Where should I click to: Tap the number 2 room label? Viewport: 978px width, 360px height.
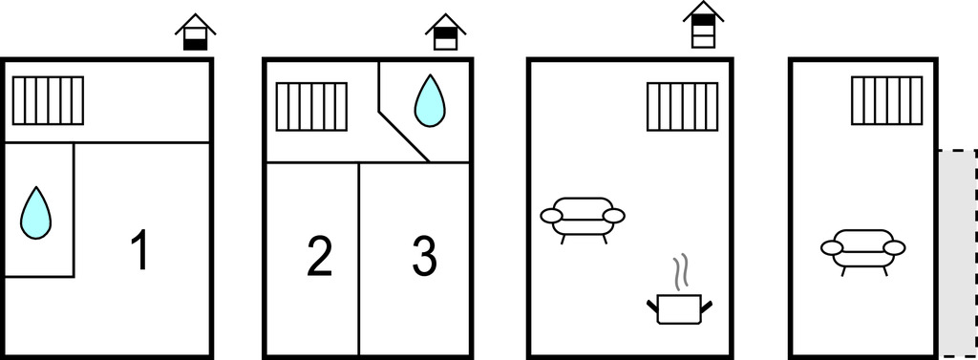click(x=319, y=256)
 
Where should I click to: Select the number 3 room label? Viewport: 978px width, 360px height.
click(x=425, y=256)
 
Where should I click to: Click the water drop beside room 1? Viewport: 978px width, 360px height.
click(x=35, y=213)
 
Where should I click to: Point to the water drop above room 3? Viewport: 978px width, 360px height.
click(x=430, y=101)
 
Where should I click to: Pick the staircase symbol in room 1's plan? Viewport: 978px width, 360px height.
click(x=48, y=100)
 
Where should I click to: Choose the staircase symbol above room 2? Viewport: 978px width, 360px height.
click(x=311, y=107)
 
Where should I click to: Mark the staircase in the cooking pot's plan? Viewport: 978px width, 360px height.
click(x=682, y=107)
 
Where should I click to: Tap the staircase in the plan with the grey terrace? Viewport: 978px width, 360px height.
click(x=887, y=100)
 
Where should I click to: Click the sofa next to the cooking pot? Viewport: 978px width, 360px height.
click(x=583, y=220)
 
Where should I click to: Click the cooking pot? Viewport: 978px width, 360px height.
click(x=679, y=308)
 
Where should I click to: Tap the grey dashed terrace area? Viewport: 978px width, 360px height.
click(x=958, y=253)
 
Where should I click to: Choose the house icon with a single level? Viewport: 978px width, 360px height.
click(x=195, y=32)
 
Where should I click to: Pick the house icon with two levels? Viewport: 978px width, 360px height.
click(x=446, y=32)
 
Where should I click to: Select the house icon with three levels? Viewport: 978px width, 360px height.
click(x=703, y=24)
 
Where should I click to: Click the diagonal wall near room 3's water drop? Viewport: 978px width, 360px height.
click(x=404, y=137)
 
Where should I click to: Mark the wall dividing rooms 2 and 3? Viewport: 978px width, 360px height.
click(x=359, y=259)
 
